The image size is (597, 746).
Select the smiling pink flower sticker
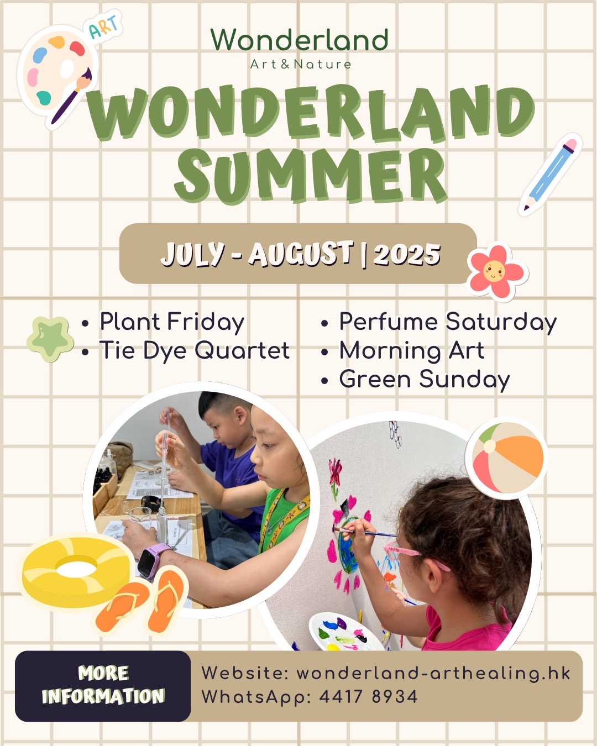(x=497, y=271)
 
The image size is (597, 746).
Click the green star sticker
(x=50, y=338)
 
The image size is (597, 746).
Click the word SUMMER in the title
(x=311, y=176)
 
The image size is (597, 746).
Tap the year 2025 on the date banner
(x=407, y=254)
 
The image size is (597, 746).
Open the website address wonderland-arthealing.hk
(x=433, y=673)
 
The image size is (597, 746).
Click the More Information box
(x=103, y=685)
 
